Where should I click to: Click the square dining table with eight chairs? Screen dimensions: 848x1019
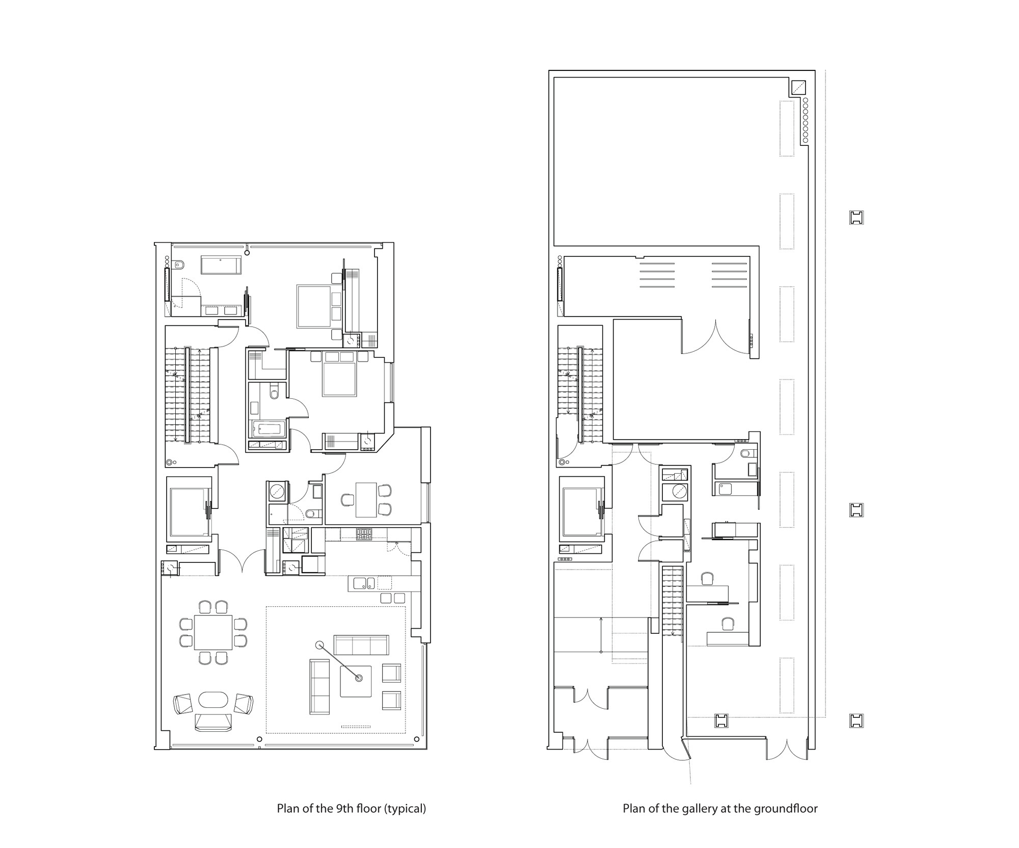click(x=213, y=632)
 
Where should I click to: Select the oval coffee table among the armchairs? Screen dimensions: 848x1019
click(x=213, y=699)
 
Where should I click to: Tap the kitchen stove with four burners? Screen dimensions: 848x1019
click(x=364, y=534)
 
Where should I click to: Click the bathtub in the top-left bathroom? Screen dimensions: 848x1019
click(x=221, y=265)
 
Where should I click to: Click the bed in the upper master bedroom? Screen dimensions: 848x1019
click(x=313, y=306)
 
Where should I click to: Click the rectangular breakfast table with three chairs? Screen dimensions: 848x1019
click(x=366, y=500)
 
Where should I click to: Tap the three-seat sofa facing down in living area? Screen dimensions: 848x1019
click(x=361, y=645)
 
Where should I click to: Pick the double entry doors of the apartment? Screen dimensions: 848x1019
click(x=243, y=561)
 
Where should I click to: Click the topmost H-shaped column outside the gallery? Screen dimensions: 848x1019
click(x=856, y=218)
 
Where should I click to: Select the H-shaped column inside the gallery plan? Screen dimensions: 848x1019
click(x=721, y=721)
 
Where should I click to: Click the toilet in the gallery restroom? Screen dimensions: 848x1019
click(x=745, y=453)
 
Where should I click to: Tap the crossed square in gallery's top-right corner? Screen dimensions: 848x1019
click(x=798, y=87)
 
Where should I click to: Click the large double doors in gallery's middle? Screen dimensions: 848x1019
click(x=715, y=338)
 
